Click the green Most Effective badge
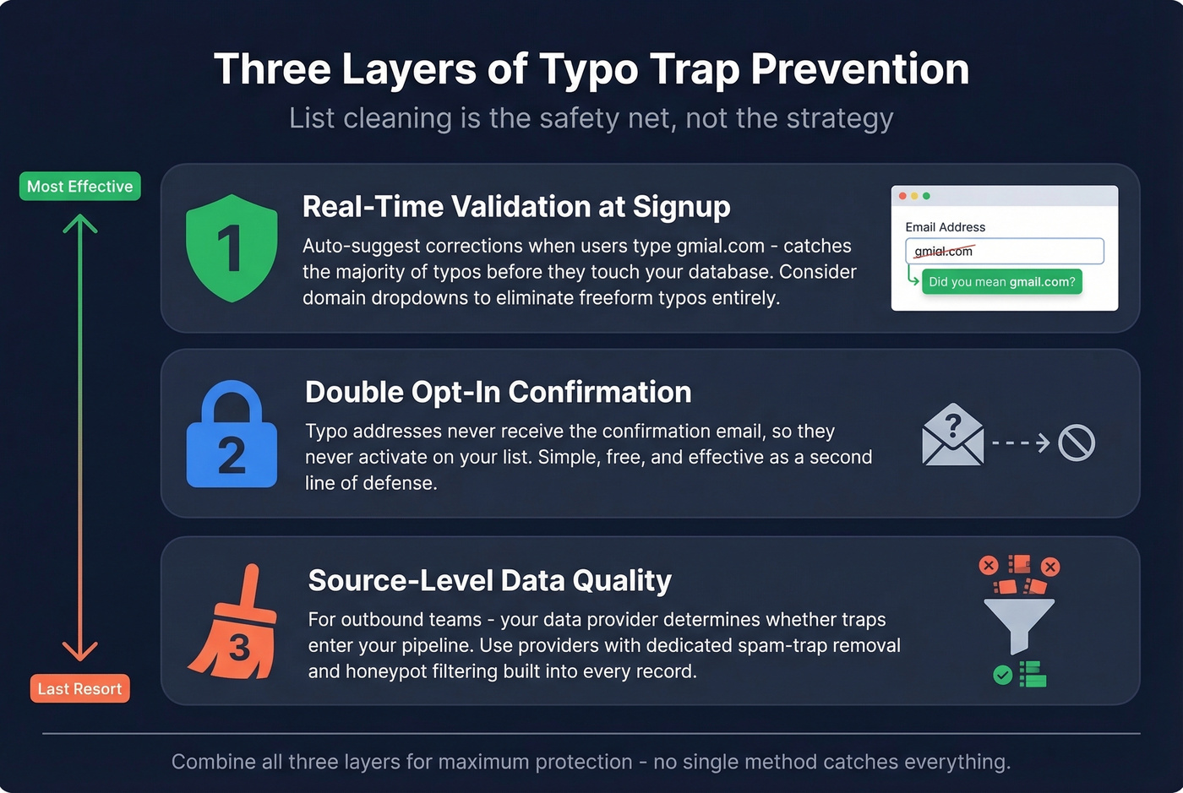[79, 187]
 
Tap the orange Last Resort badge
[79, 688]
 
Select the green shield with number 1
[231, 247]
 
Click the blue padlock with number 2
[232, 436]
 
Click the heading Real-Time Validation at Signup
[516, 207]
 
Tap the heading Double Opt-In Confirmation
[498, 392]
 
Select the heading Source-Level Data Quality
[489, 580]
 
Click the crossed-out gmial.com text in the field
[943, 251]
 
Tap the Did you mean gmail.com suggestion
[1001, 282]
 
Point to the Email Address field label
[945, 227]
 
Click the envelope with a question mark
[952, 435]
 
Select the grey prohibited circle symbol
[1077, 443]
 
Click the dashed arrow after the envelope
[1021, 443]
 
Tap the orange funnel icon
[1019, 624]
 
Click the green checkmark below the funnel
[1003, 675]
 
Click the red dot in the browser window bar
[902, 196]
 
